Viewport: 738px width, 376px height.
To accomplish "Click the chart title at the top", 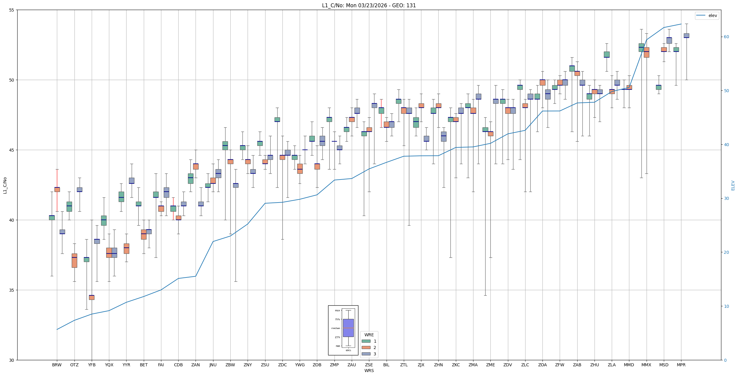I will [369, 5].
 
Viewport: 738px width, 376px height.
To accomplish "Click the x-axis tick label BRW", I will [57, 365].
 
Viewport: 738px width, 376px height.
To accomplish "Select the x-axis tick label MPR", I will [681, 365].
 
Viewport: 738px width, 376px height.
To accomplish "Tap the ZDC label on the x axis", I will [282, 365].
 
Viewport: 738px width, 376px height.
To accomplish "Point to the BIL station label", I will [386, 365].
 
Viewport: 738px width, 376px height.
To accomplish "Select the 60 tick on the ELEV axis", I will [726, 37].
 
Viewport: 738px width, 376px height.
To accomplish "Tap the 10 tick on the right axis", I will [726, 306].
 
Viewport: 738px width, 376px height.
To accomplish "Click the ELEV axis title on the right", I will [733, 185].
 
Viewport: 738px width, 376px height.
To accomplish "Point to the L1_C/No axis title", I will [5, 185].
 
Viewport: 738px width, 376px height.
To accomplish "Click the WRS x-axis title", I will [369, 371].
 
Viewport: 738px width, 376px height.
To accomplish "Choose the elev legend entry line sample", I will [701, 15].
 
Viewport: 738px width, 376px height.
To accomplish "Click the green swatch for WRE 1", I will [366, 341].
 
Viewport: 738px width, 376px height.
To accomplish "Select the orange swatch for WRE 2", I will [366, 347].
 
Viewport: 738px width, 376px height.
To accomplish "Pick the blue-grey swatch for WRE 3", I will [366, 354].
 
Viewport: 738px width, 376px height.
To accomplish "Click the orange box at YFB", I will [92, 297].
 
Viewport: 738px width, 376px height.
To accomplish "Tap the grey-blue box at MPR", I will [686, 35].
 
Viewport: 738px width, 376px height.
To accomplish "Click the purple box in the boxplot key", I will [348, 328].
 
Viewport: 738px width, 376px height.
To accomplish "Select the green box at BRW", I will [52, 218].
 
